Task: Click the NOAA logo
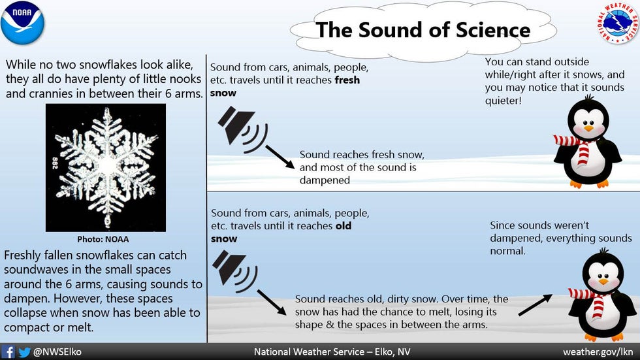coord(22,23)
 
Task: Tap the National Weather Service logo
coord(618,23)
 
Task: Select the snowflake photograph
coord(106,168)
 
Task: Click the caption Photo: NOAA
coord(103,239)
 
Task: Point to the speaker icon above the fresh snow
coord(242,129)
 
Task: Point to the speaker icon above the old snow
coord(234,271)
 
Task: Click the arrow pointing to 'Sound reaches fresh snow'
coord(280,157)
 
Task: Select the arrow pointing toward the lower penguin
coord(536,305)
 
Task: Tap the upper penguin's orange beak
coord(588,128)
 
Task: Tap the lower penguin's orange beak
coord(603,282)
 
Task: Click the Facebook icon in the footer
coord(8,352)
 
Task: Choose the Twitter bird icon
coord(25,352)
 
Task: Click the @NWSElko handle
coord(57,352)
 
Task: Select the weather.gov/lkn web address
coord(598,352)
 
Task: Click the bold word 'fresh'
coord(347,80)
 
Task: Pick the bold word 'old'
coord(344,225)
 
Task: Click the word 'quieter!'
coord(504,101)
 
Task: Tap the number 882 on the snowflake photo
coord(54,163)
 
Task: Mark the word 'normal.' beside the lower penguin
coord(508,251)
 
